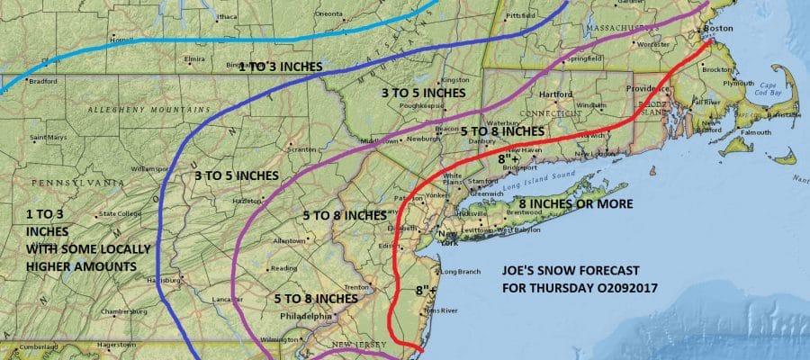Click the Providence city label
coord(646,91)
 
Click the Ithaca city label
coord(229,16)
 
